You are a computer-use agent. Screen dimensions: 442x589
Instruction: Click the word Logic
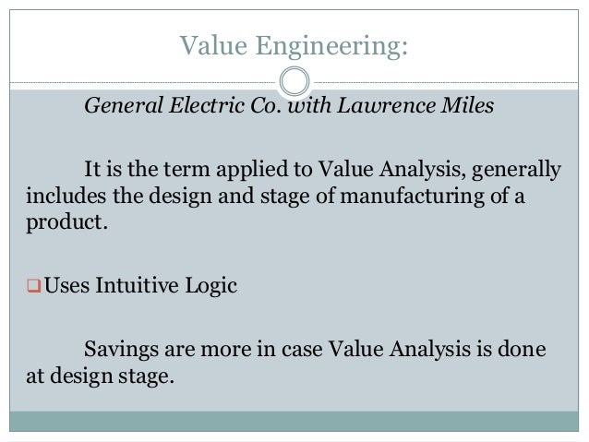[x=214, y=286]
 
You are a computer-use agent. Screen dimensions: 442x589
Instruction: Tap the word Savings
[x=119, y=350]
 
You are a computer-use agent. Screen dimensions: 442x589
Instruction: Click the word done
[x=523, y=350]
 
